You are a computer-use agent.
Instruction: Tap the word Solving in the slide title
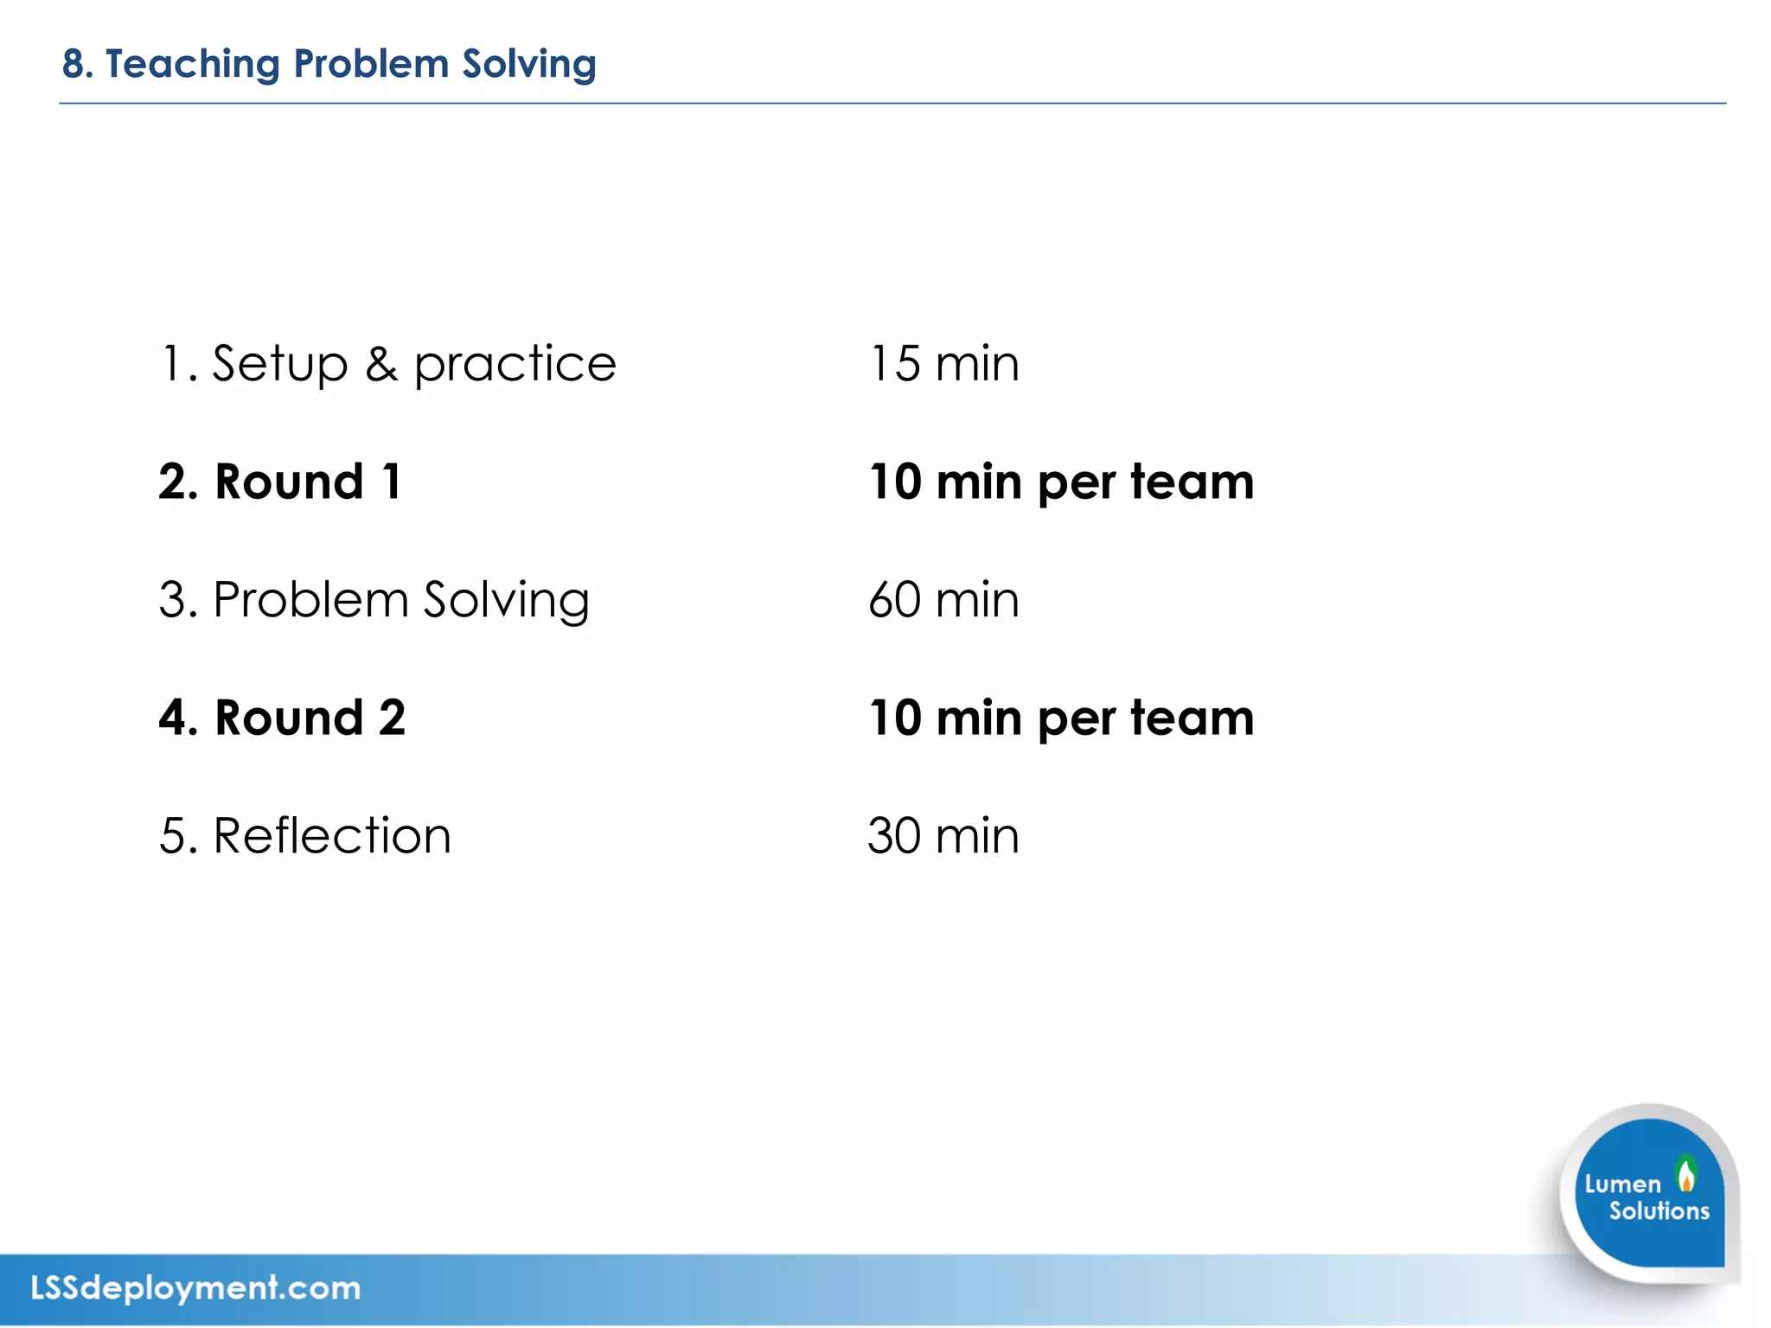[x=528, y=65]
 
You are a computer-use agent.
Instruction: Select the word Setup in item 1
[x=279, y=364]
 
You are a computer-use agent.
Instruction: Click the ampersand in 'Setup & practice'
[x=380, y=364]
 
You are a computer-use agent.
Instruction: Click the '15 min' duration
[x=943, y=364]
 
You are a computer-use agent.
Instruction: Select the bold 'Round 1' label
[x=308, y=482]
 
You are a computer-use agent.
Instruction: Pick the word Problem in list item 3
[x=310, y=600]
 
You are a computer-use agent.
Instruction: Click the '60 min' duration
[x=943, y=600]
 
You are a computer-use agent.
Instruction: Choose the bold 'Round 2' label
[x=310, y=718]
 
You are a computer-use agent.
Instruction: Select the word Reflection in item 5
[x=332, y=836]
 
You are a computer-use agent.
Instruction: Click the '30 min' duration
[x=943, y=836]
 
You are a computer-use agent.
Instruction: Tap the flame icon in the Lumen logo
[x=1685, y=1175]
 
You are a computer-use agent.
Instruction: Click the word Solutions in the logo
[x=1659, y=1210]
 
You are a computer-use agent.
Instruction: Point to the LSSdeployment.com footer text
[x=195, y=1288]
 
